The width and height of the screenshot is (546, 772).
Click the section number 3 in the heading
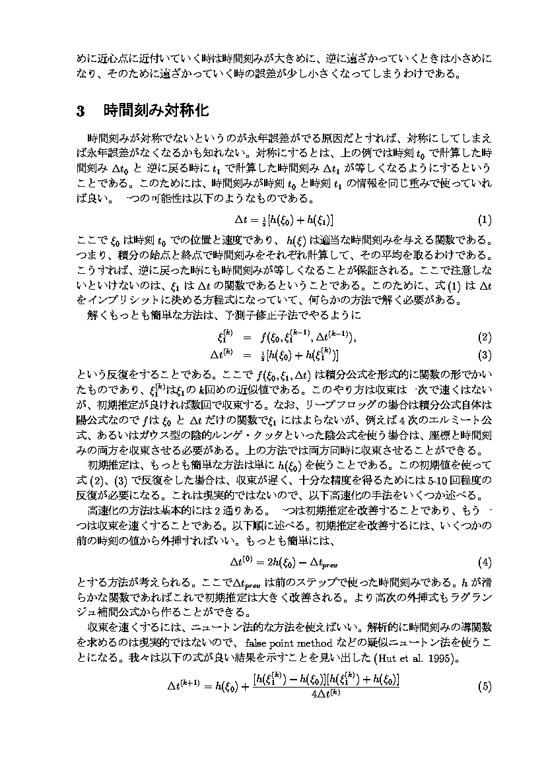[81, 110]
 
